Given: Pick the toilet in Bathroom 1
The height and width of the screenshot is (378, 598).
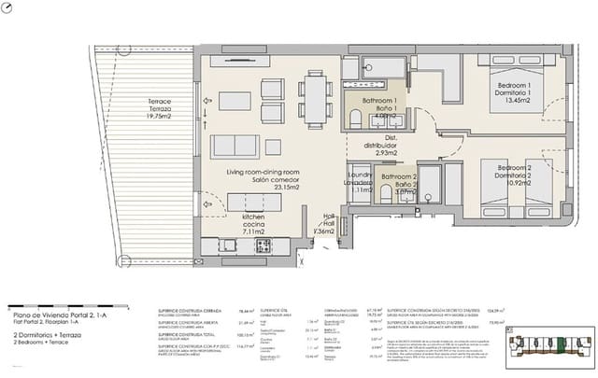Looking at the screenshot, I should (x=356, y=118).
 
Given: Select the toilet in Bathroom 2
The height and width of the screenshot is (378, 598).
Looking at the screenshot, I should (x=386, y=193).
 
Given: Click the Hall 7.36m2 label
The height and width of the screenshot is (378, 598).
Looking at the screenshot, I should (x=329, y=224).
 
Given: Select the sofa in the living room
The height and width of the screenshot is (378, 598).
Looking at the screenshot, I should (x=235, y=147).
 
